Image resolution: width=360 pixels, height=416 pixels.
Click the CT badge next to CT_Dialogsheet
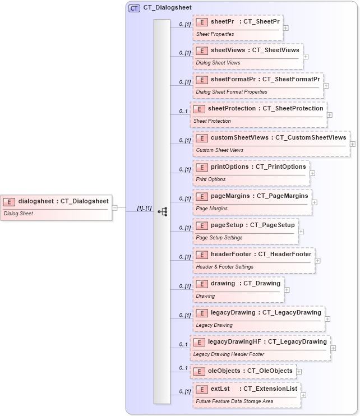pyautogui.click(x=134, y=8)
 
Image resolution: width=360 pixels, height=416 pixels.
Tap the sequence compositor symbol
pyautogui.click(x=163, y=211)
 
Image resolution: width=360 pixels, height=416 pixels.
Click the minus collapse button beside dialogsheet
pyautogui.click(x=114, y=207)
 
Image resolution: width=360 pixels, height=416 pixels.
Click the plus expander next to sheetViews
pyautogui.click(x=306, y=56)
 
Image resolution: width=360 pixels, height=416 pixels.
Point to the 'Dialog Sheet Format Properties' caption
pyautogui.click(x=232, y=92)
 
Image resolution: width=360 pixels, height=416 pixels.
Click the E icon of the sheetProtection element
pyautogui.click(x=199, y=109)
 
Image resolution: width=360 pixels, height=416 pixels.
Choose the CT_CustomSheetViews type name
pyautogui.click(x=311, y=137)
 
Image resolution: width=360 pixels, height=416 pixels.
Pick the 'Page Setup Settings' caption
pyautogui.click(x=219, y=238)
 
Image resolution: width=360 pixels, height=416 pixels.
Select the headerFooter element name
pyautogui.click(x=231, y=254)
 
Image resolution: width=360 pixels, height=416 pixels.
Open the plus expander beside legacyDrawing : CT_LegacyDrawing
pyautogui.click(x=327, y=318)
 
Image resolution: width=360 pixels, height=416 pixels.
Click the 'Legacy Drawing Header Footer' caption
pyautogui.click(x=229, y=354)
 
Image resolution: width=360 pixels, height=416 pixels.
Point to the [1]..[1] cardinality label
pyautogui.click(x=144, y=208)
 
